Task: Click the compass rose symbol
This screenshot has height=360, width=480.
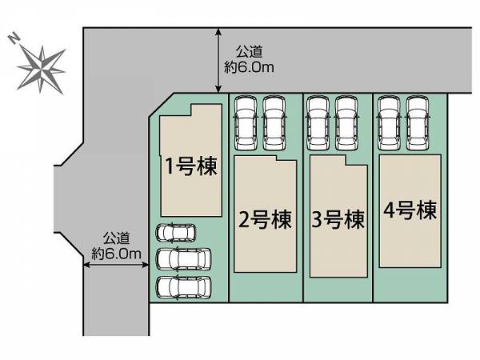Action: click(x=41, y=70)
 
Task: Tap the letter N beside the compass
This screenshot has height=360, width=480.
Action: click(x=14, y=39)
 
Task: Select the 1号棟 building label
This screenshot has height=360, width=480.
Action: click(x=191, y=166)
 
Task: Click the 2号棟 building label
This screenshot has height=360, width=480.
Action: click(x=265, y=219)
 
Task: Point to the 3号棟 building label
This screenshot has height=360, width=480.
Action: click(x=338, y=219)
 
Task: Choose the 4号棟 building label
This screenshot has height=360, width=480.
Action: click(x=410, y=210)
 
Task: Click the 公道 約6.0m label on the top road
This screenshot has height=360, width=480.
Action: click(x=249, y=59)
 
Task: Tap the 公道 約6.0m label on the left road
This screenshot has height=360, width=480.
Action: click(x=116, y=246)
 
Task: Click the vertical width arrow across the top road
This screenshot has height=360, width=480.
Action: click(x=218, y=60)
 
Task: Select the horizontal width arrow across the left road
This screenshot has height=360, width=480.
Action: click(x=116, y=265)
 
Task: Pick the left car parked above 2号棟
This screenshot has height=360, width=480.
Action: click(x=246, y=122)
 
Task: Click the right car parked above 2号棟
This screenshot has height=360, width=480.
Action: click(x=274, y=122)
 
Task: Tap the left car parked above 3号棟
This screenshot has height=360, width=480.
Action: click(x=318, y=122)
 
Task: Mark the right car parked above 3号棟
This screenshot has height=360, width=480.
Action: click(x=346, y=122)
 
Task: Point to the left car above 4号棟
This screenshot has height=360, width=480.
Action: click(x=389, y=122)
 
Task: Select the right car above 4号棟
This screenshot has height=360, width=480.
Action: click(x=418, y=122)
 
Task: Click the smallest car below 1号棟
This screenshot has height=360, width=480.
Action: click(x=175, y=233)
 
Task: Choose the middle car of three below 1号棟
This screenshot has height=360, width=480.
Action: click(x=183, y=259)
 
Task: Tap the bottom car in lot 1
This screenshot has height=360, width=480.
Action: click(x=183, y=287)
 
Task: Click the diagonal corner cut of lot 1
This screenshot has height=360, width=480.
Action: click(x=162, y=105)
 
